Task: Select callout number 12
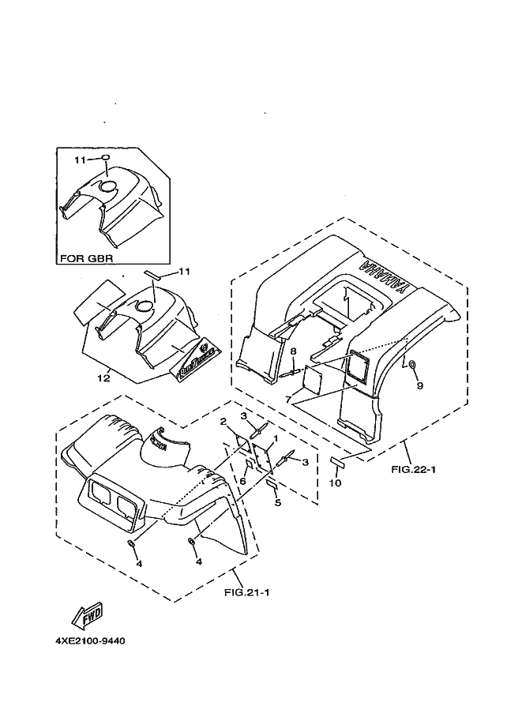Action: [103, 378]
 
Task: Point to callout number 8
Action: [292, 351]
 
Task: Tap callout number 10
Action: [335, 483]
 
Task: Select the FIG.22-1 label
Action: [413, 469]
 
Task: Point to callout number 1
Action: [274, 438]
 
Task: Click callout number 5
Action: [277, 501]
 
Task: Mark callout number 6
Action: [243, 481]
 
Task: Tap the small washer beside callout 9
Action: [412, 364]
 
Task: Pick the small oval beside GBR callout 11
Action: [105, 159]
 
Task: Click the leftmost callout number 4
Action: [139, 563]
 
